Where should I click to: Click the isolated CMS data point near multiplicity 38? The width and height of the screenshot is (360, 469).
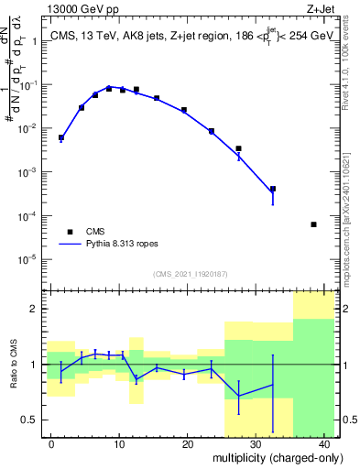click(313, 224)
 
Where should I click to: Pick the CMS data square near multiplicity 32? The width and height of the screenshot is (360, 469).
click(273, 189)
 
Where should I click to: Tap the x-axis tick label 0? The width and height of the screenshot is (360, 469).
click(51, 444)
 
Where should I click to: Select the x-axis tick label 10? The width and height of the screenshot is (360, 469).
click(119, 444)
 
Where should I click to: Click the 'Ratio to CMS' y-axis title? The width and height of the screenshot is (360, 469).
click(15, 365)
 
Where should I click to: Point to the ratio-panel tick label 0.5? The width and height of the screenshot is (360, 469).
click(30, 420)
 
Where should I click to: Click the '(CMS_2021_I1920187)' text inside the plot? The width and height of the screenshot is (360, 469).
click(190, 274)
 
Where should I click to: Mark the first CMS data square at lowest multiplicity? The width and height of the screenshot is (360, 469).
click(61, 137)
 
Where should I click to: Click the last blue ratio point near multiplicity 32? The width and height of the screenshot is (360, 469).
click(273, 384)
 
